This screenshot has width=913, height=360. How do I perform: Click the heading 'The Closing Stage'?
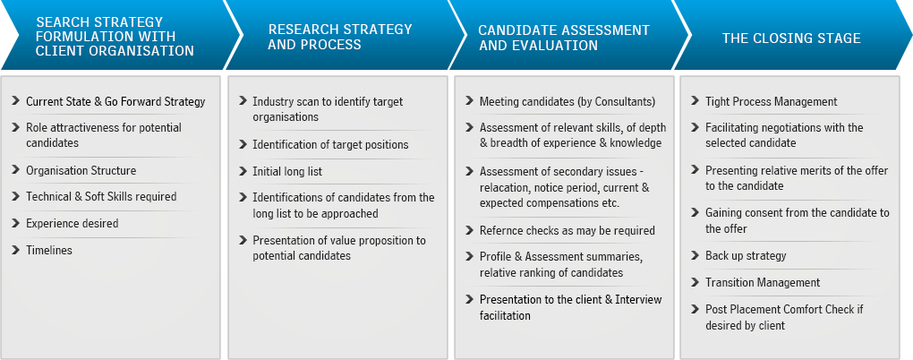(x=791, y=39)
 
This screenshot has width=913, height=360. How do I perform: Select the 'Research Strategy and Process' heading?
(x=339, y=37)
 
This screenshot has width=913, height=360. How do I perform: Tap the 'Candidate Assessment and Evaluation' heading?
(x=564, y=38)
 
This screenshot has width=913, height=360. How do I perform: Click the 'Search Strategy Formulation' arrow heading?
(x=115, y=37)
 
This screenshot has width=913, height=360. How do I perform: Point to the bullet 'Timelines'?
(x=49, y=250)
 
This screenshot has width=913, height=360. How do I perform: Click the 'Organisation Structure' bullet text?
(x=81, y=171)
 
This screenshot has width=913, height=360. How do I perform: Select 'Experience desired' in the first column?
(x=73, y=223)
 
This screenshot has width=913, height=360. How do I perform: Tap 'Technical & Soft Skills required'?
(x=101, y=197)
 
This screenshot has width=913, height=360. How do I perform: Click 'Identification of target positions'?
(x=330, y=144)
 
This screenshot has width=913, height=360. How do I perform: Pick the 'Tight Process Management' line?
(x=772, y=101)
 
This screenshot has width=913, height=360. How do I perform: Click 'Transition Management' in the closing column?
(x=763, y=282)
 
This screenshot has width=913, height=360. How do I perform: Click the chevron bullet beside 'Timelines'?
(x=15, y=249)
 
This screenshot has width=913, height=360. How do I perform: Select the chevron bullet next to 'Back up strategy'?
(x=695, y=255)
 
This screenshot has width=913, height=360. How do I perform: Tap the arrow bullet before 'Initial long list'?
(x=243, y=171)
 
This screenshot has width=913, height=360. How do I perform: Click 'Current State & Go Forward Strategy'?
(x=115, y=101)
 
